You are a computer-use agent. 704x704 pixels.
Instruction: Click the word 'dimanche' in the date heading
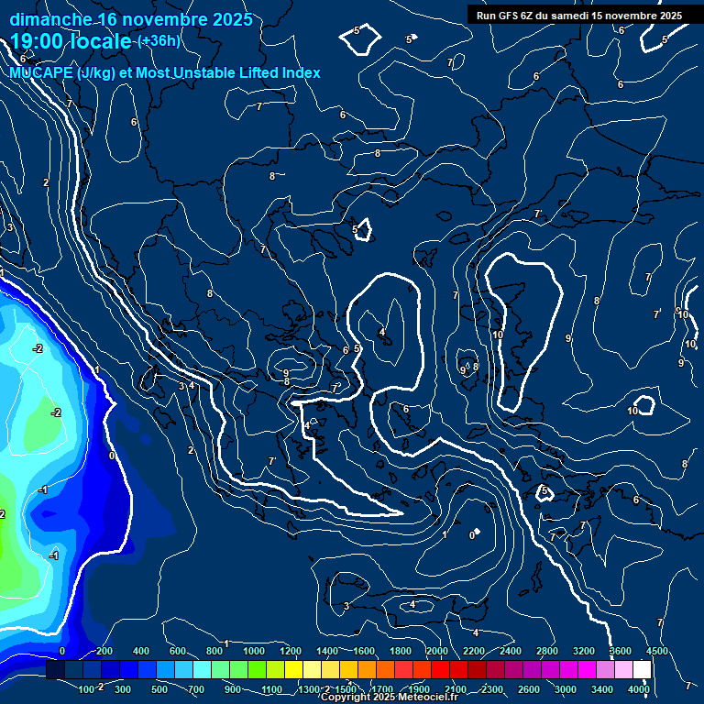coord(50,19)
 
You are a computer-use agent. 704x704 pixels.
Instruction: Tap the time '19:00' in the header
coord(38,41)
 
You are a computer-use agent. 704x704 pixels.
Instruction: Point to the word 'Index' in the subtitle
coord(301,72)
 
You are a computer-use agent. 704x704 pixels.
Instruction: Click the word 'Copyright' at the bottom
coord(346,698)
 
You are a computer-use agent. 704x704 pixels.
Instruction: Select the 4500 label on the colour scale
coord(656,651)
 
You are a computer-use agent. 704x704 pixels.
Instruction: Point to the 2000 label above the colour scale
coord(437,651)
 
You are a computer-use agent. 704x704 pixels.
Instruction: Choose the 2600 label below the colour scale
coord(529,688)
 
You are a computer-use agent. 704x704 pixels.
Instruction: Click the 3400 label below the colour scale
coord(602,688)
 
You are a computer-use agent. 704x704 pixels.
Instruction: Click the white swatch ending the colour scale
coord(642,670)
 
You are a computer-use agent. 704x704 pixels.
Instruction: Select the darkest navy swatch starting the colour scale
coord(55,670)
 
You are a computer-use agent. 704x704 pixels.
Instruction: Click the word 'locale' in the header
coord(101,42)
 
